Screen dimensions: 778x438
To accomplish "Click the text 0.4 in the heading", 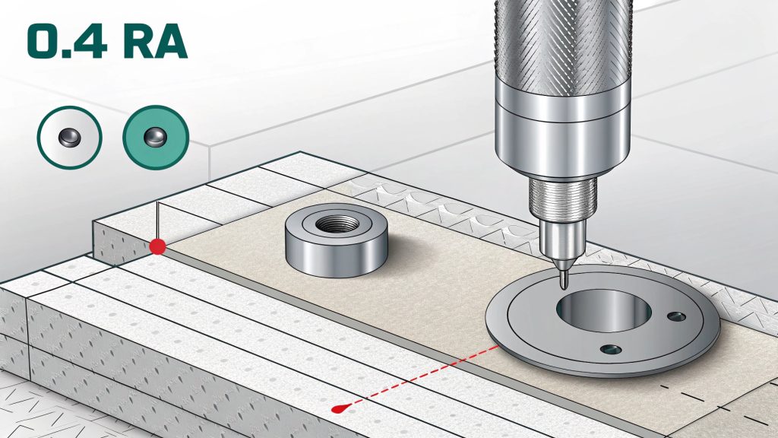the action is [67, 43].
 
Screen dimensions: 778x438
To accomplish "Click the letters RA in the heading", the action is [155, 43].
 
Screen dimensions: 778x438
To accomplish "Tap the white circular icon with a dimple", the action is [69, 137].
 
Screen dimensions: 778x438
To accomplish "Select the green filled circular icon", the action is [156, 137].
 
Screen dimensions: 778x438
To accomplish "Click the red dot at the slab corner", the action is [158, 246].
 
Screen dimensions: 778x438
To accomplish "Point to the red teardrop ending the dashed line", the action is [340, 408].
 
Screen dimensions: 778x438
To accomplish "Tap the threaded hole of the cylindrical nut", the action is [337, 224].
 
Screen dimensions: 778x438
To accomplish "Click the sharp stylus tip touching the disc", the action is [563, 286].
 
